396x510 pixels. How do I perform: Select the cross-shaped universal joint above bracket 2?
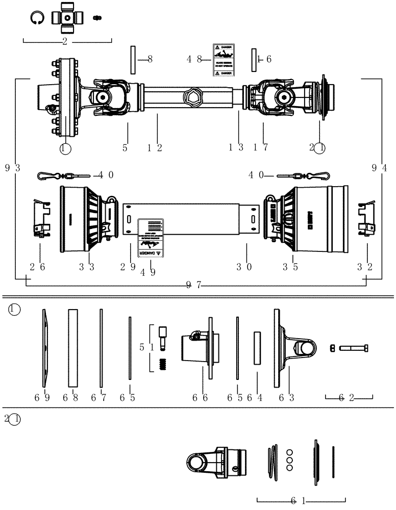click(x=67, y=17)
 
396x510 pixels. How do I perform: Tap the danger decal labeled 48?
click(x=223, y=60)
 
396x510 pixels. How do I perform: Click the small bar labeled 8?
click(x=133, y=60)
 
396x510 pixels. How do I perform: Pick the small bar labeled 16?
click(x=253, y=60)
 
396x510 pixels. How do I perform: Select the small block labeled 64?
click(x=257, y=348)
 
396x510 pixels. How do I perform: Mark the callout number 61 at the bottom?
click(x=301, y=501)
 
